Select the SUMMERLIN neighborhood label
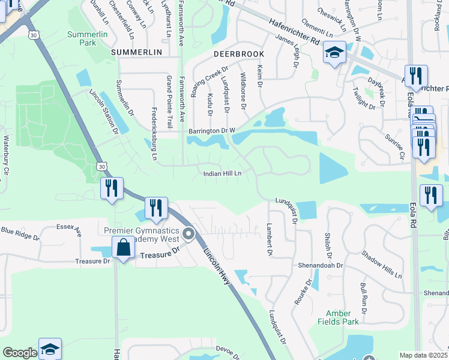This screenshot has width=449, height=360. tap(137, 53)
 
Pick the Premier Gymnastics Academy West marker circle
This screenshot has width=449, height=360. tap(189, 234)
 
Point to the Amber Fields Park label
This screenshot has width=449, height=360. tap(342, 317)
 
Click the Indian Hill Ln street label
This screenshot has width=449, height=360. tap(222, 173)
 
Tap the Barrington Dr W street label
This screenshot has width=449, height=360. tap(211, 130)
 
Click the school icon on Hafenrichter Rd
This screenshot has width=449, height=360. tap(335, 53)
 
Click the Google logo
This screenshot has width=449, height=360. tap(19, 353)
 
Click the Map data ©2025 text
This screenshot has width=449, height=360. tap(423, 355)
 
